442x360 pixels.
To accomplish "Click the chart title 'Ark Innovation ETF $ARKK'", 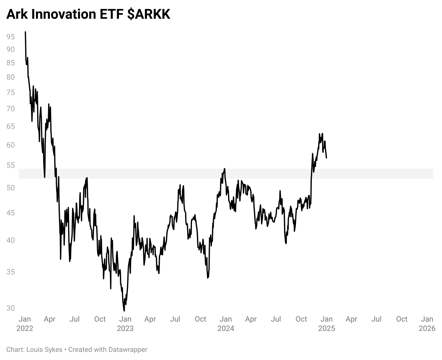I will click(88, 14).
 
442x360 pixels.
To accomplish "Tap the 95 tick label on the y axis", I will click(11, 37).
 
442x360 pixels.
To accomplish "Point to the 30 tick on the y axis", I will click(11, 308).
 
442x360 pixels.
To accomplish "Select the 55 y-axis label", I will click(11, 165).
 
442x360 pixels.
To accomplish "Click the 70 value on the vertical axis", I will click(11, 109).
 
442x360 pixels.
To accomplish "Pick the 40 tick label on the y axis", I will click(11, 240).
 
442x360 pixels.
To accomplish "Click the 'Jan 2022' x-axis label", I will click(25, 323).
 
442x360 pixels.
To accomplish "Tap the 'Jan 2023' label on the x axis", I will click(125, 323).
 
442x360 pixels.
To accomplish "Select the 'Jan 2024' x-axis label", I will click(226, 323).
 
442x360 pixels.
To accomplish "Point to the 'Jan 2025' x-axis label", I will click(327, 323).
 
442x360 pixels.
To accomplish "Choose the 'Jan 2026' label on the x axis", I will click(427, 323).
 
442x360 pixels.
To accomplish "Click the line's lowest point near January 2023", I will click(124, 311).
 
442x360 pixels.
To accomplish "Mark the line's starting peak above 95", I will click(25, 32).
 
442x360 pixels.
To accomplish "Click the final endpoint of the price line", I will click(326, 158).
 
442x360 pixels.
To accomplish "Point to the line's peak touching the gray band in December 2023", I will click(224, 169).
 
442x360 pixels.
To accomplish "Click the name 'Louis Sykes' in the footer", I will click(44, 350).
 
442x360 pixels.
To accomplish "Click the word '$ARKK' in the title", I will click(149, 14).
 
